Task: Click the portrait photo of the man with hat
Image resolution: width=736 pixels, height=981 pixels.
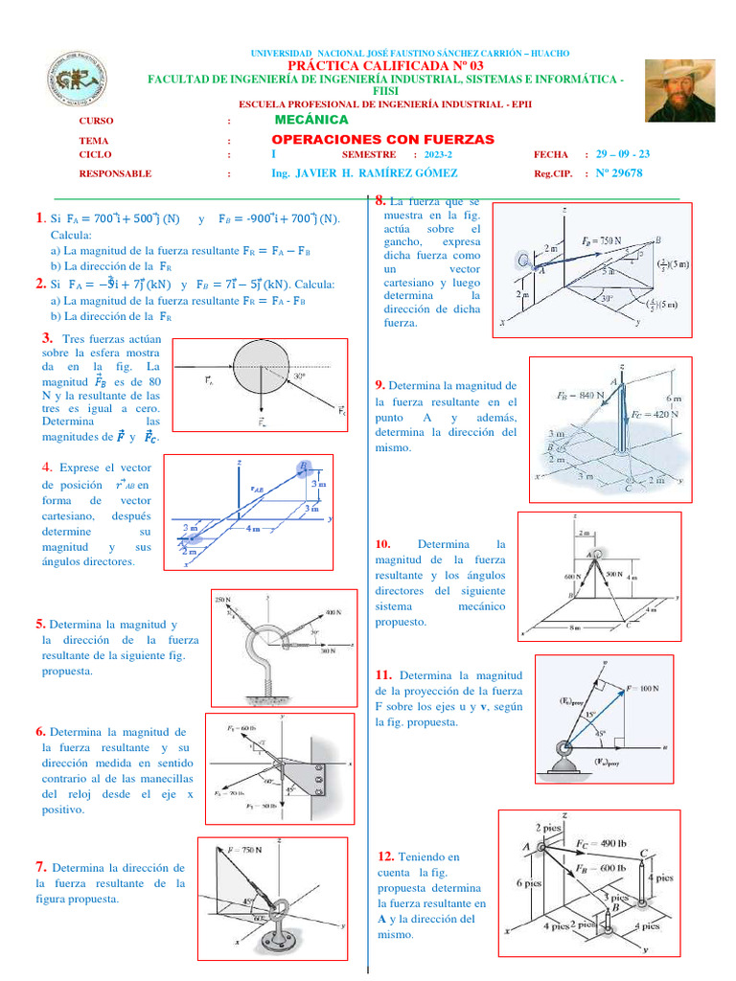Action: [679, 90]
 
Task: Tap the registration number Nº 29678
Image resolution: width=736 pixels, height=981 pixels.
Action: [619, 173]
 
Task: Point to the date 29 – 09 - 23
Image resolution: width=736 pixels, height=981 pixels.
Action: [623, 154]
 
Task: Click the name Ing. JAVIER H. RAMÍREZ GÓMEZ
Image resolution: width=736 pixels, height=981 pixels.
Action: [364, 173]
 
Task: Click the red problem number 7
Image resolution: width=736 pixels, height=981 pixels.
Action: [41, 867]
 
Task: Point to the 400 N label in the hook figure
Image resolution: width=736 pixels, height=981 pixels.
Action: [332, 611]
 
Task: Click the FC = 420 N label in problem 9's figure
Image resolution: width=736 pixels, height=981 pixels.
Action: [656, 415]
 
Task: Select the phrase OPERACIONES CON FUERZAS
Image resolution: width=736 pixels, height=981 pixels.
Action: [383, 140]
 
